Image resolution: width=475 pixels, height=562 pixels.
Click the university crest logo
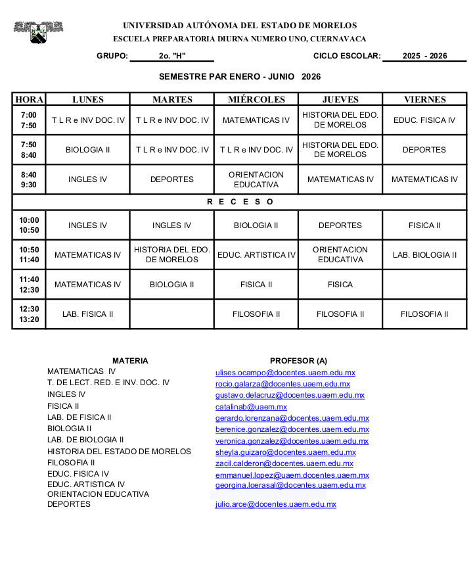point(38,31)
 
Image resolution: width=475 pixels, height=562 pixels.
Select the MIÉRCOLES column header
point(256,99)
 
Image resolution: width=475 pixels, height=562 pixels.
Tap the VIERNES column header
point(424,99)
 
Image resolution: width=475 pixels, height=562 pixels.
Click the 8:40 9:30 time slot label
point(29,179)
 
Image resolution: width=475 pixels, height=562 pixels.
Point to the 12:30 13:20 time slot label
point(29,314)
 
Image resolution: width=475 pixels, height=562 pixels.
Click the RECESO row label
point(240,202)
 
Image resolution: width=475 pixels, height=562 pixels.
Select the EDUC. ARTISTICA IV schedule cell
point(256,255)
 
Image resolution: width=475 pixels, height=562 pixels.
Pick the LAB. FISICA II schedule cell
point(87,314)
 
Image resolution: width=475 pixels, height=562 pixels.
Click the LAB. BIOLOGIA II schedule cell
point(424,255)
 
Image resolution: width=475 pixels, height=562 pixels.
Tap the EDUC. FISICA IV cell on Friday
point(424,120)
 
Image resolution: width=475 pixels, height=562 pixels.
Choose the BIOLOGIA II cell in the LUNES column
point(87,150)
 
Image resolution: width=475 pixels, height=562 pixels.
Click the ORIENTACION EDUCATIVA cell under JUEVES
point(340,255)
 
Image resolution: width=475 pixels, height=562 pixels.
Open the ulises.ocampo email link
point(285,373)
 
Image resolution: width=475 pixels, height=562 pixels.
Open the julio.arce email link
point(275,504)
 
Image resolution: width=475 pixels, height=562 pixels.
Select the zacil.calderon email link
point(284,463)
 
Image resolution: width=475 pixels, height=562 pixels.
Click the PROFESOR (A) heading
point(298,360)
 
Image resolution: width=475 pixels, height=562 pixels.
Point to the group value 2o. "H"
point(172,56)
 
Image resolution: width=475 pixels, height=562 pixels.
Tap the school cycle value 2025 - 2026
point(424,56)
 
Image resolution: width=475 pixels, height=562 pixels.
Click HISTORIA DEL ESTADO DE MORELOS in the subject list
point(119,452)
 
